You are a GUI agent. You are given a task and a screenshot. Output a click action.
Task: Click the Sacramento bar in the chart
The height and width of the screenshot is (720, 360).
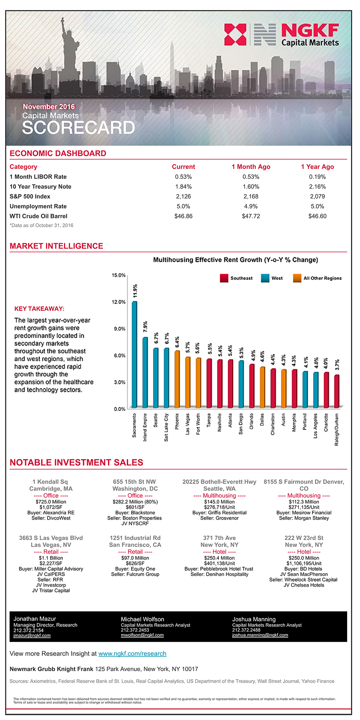click(x=134, y=354)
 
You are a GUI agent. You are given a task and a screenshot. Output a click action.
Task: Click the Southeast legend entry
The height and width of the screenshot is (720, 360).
click(x=236, y=278)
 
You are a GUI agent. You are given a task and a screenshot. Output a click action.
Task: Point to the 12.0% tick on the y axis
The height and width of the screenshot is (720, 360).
click(x=118, y=302)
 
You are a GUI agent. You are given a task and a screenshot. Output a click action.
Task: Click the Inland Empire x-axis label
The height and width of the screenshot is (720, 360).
click(x=145, y=427)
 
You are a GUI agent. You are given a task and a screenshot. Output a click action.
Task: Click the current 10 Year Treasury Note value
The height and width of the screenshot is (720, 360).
click(x=183, y=186)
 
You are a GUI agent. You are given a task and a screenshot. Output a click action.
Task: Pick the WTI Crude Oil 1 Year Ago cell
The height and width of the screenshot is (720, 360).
click(x=317, y=216)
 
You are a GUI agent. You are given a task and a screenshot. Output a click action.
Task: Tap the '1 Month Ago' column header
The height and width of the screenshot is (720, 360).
click(x=251, y=167)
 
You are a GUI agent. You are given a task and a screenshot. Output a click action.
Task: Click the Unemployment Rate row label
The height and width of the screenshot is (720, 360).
click(x=38, y=206)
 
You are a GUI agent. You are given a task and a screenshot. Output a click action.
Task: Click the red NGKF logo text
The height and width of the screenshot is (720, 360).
click(x=310, y=30)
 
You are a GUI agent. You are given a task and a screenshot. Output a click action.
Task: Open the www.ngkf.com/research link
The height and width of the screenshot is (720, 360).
click(x=132, y=654)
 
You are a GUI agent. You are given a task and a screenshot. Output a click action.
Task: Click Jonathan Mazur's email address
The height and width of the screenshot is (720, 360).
click(x=32, y=635)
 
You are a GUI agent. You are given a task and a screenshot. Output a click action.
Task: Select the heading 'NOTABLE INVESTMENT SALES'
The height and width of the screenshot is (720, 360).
click(x=76, y=462)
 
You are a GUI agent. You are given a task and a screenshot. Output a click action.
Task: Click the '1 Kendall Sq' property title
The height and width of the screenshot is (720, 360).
click(x=50, y=482)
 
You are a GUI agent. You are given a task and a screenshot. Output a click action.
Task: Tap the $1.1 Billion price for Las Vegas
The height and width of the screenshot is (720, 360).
click(x=51, y=558)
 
